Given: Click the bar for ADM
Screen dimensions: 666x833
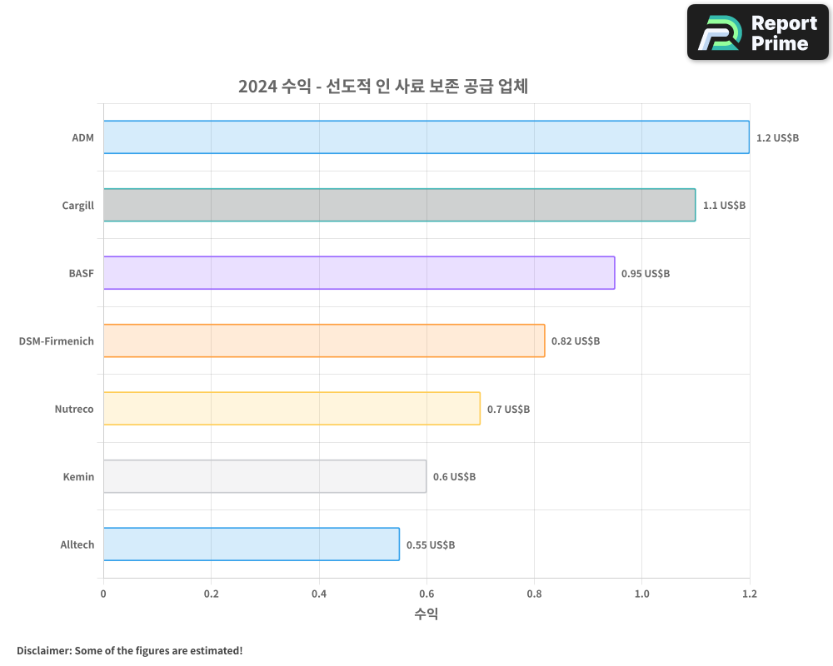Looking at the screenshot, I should tap(426, 137).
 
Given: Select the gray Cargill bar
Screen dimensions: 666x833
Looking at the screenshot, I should tap(399, 205).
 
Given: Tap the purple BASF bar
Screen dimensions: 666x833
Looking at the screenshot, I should tap(359, 273).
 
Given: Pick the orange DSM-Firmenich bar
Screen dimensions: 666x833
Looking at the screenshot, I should tap(324, 340).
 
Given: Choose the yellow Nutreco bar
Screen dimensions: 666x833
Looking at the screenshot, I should tap(292, 409).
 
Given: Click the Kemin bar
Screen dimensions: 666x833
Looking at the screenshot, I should tap(265, 476).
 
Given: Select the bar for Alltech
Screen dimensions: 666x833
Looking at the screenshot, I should tap(252, 544).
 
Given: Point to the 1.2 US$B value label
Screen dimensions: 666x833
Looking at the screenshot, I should tap(777, 137).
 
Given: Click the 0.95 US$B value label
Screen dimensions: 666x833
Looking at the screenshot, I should tap(645, 273).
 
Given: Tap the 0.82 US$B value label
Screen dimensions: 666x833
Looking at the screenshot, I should tap(575, 341).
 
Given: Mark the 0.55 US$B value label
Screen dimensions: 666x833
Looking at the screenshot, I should tap(431, 545).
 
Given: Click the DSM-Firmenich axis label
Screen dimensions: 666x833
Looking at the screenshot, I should tap(57, 341).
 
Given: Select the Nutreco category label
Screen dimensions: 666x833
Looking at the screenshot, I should tap(74, 409).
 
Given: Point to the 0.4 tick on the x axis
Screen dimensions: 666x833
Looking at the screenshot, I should tap(319, 594).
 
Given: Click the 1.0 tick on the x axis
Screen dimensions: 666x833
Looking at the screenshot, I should tap(641, 594).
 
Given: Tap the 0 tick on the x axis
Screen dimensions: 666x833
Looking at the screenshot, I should tap(103, 594).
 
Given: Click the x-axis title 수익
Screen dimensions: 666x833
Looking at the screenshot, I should tap(426, 614).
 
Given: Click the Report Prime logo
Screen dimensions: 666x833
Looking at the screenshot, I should tap(758, 32).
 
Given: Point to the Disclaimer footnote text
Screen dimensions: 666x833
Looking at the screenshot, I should tap(129, 650).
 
